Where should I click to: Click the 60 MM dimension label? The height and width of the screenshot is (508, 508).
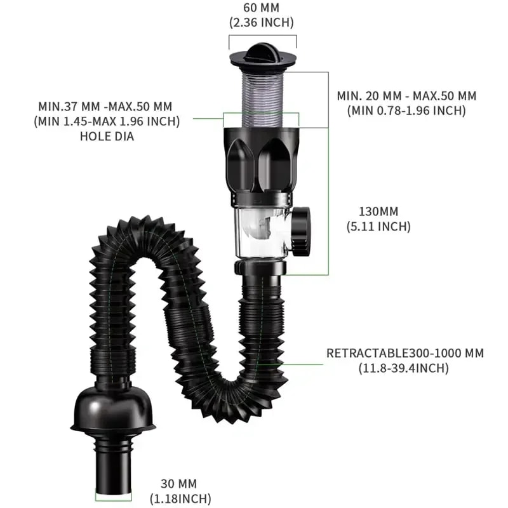[x=262, y=8]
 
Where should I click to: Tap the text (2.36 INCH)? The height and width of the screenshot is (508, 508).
[x=262, y=23]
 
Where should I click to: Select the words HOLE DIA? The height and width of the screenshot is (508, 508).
[x=107, y=135]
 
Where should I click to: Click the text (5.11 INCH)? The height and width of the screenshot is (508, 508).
[x=378, y=225]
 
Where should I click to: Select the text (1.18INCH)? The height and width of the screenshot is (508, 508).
[x=180, y=498]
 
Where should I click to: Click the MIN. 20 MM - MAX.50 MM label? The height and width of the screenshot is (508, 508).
[x=406, y=96]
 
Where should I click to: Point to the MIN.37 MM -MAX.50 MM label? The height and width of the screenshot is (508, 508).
[x=105, y=105]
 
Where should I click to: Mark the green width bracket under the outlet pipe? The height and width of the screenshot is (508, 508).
[x=114, y=500]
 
